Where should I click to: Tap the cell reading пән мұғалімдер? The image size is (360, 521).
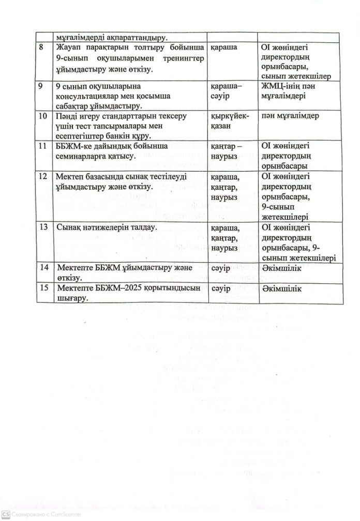click(x=284, y=116)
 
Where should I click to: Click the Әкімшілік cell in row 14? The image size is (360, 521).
click(x=282, y=268)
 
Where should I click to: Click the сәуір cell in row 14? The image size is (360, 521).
click(x=221, y=268)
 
